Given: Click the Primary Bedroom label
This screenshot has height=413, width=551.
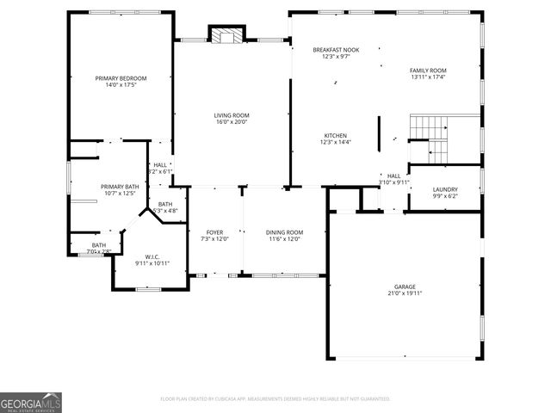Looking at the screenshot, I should (121, 78).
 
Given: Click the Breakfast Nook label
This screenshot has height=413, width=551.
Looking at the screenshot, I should (336, 50).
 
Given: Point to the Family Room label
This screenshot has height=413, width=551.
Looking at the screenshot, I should (428, 70).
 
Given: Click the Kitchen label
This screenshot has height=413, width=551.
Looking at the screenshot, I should (335, 135).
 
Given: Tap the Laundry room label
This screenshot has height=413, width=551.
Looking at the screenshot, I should (445, 189).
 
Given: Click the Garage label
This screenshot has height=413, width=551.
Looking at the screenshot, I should (405, 287).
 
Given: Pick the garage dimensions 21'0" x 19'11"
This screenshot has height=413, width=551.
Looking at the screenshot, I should (405, 293).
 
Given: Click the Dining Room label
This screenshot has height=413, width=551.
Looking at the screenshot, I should (284, 232).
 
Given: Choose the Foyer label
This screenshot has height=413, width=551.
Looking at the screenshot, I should (214, 232).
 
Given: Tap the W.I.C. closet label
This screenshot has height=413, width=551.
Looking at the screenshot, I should (152, 256).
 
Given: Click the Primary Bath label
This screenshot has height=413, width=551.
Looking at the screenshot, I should (119, 187).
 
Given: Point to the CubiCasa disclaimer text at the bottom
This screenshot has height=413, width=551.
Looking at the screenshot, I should (275, 399).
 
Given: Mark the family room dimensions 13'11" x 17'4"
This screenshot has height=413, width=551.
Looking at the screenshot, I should (428, 77).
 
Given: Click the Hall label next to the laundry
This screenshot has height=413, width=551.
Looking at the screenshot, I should (393, 176).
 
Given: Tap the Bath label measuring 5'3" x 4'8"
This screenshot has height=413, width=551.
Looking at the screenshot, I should (164, 204).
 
